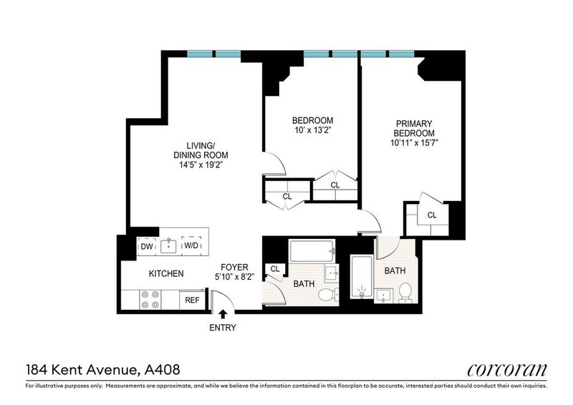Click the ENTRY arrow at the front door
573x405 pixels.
(223, 314)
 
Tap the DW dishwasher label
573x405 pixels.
(147, 246)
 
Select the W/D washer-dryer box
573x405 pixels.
(191, 245)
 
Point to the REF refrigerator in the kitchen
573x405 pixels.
(192, 300)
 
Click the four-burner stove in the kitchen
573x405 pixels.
(151, 300)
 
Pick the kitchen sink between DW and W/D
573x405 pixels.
(168, 246)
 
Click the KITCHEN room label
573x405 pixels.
(166, 273)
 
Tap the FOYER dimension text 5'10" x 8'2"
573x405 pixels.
(234, 277)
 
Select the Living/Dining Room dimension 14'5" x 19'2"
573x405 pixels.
(201, 165)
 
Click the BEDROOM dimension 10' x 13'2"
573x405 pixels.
(312, 130)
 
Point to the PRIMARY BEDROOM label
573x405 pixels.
(414, 128)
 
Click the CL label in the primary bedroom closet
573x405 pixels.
(432, 215)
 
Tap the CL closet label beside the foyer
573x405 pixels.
(275, 269)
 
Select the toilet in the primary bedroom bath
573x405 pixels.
(405, 293)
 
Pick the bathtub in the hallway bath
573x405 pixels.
(312, 251)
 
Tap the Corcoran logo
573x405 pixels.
(507, 370)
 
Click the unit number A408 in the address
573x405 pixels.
(163, 369)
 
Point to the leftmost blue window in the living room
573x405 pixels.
(200, 54)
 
